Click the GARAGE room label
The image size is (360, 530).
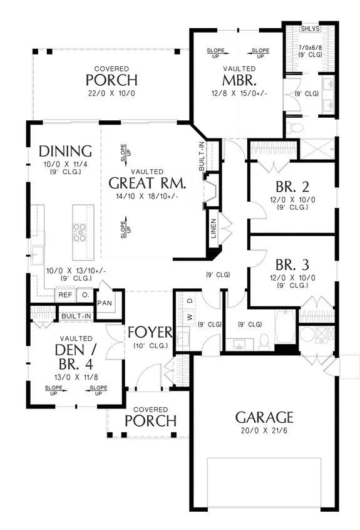(x=264, y=417)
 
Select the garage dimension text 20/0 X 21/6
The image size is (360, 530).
(x=264, y=431)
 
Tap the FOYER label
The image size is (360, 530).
(x=149, y=332)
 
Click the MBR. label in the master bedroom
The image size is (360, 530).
(x=238, y=80)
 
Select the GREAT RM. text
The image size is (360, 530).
(x=147, y=184)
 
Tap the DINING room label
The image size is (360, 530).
(x=65, y=151)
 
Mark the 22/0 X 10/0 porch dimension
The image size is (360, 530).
(x=112, y=93)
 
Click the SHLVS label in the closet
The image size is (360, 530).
(x=309, y=29)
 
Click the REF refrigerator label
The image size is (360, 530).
(x=65, y=294)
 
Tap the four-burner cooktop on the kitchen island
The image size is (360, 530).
(x=81, y=232)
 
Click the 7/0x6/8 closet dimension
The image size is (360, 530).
(x=310, y=48)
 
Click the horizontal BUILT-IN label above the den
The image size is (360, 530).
(x=76, y=316)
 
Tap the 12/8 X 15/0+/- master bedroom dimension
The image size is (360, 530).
(x=238, y=93)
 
